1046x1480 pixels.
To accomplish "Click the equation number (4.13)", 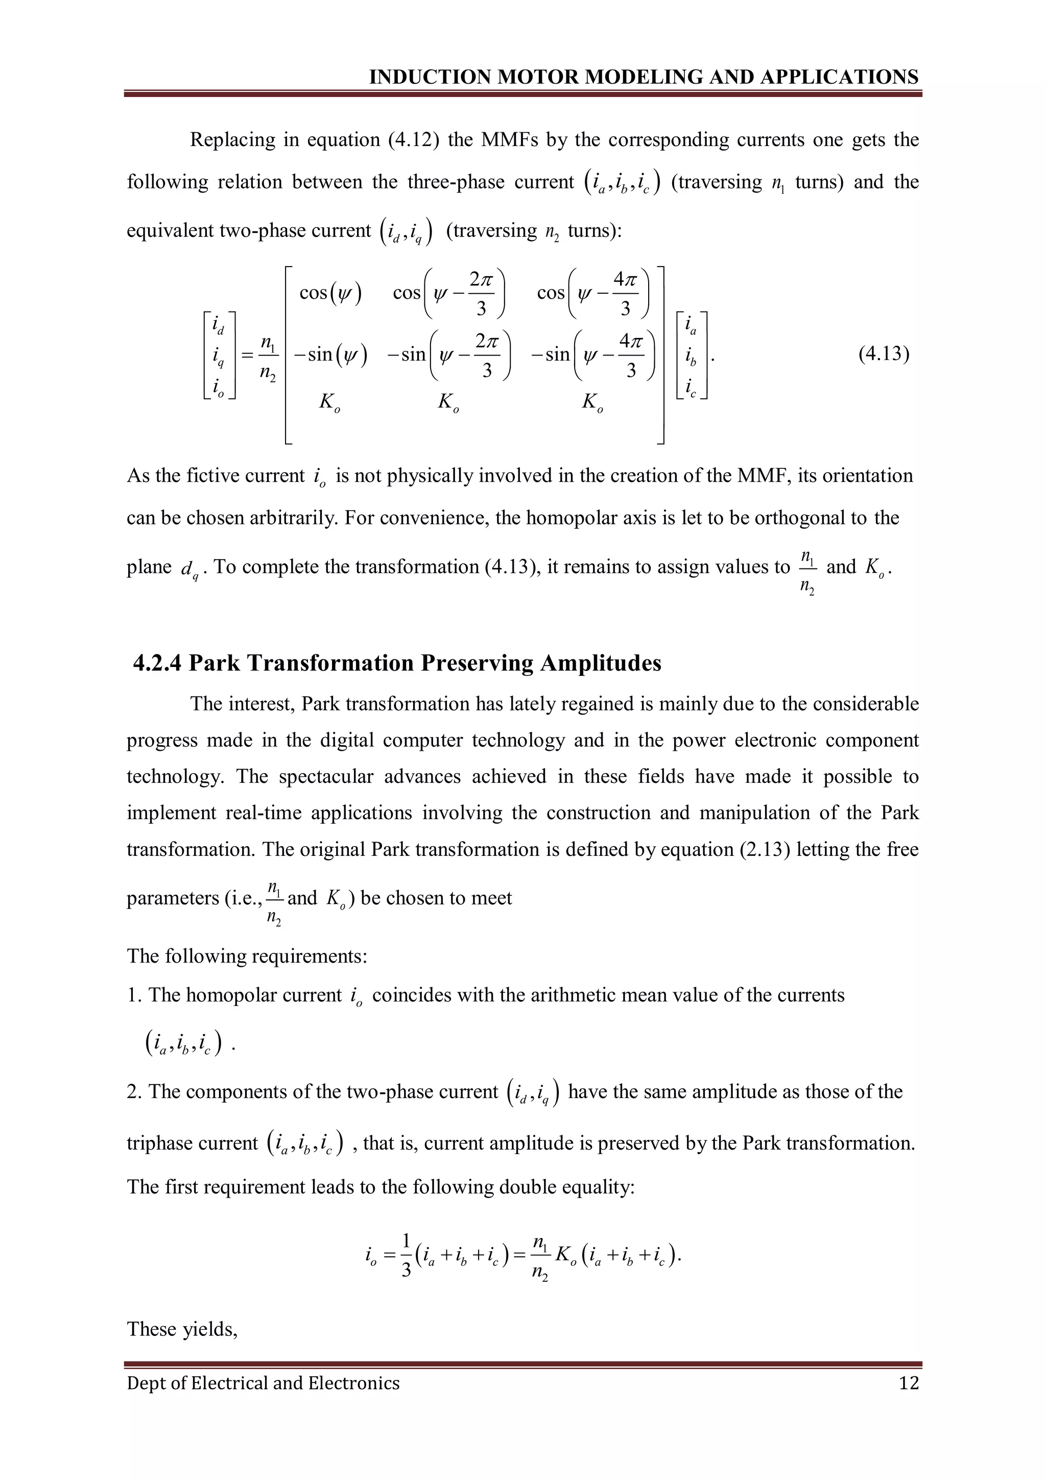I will coord(884,354).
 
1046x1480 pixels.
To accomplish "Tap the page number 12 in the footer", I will coord(908,1383).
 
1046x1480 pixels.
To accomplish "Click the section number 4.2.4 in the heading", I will coord(157,663).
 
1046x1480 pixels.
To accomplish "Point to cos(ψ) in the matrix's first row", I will coord(330,293).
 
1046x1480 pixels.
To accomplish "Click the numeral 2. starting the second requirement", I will coord(135,1091).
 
